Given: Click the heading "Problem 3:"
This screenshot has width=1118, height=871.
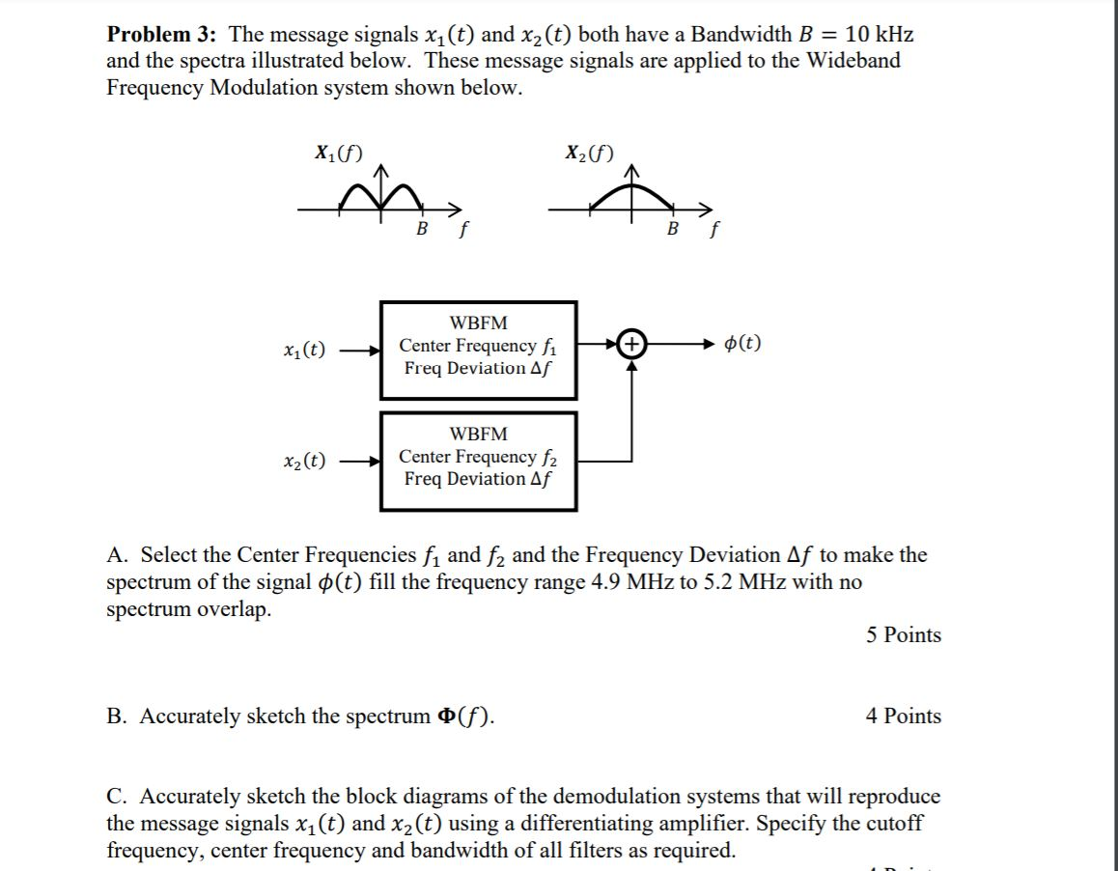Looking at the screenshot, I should point(161,35).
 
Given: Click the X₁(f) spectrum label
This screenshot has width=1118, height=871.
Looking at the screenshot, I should point(339,152).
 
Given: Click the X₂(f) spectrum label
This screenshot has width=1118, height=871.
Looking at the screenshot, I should point(589,152).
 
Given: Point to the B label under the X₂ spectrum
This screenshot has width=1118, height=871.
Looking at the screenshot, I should point(673,230).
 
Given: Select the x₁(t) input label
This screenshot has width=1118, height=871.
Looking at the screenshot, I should point(305,350).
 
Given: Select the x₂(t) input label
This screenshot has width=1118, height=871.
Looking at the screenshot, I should point(305,461).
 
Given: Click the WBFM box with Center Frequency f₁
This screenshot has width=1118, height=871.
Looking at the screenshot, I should point(479,350).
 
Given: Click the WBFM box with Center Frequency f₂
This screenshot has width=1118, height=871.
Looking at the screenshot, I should point(479,461).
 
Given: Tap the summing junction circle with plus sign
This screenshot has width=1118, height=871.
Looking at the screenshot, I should point(631,344).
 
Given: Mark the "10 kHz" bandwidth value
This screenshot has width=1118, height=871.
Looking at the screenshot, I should point(879,35).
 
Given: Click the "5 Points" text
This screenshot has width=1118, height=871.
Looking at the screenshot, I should point(903,634).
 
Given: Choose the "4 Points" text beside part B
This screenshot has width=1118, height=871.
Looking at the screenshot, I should point(903,716).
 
